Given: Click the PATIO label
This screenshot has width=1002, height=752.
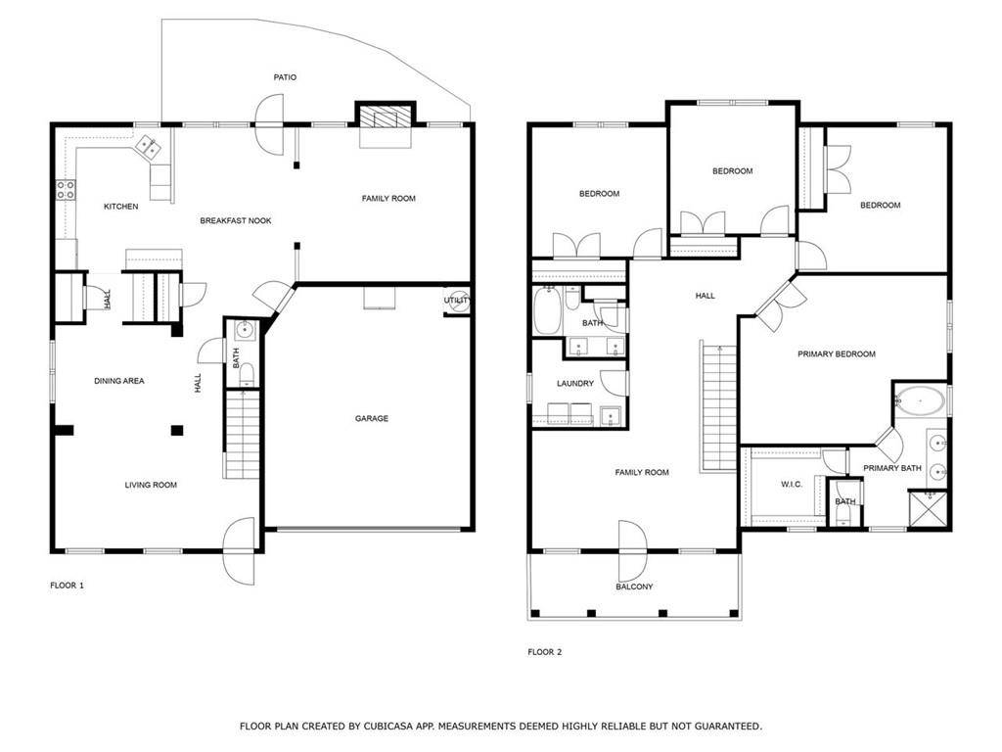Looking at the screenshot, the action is pos(285,77).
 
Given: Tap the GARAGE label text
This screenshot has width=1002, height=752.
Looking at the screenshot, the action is pos(372,419).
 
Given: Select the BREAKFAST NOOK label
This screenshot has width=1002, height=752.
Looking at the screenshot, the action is pos(236,220).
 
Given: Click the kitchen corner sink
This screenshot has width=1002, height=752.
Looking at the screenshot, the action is pos(149,147).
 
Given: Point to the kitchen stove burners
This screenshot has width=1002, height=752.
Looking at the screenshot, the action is pos(66,190).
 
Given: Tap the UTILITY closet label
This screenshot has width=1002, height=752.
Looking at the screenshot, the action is pos(458,301).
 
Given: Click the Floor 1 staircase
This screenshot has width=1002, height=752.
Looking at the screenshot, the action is pos(243,434).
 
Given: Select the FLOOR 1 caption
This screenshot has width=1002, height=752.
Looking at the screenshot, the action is pos(68,586).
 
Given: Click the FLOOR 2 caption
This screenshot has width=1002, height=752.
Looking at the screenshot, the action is pos(544,652).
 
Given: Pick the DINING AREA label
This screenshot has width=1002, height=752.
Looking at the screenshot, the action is pos(119,381).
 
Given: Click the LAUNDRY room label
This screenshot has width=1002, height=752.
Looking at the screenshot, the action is pos(575,384).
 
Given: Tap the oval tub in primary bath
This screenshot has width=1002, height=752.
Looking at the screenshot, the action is pos(920,400).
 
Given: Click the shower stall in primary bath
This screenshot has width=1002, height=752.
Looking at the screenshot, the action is pos(929,509).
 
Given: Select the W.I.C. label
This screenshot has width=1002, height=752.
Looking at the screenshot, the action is pos(792,485).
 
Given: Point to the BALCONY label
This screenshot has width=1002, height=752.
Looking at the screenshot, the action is pos(634,587).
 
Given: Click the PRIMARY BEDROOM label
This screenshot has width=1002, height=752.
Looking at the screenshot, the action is pos(837,354).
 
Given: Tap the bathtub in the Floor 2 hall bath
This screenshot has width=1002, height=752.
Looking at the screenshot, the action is pos(547,310).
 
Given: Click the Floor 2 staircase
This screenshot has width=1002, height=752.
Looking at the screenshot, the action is pos(719,408).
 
